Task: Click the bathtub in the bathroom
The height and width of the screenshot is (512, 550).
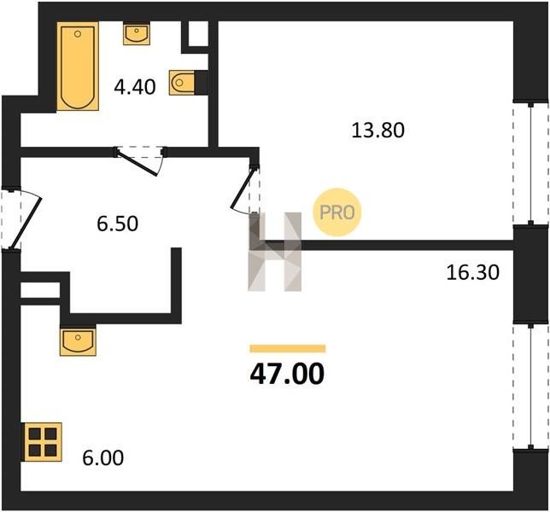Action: pyautogui.click(x=78, y=67)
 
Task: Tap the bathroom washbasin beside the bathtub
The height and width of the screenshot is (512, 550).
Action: pyautogui.click(x=137, y=33)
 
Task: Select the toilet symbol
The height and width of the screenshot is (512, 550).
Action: pyautogui.click(x=182, y=83)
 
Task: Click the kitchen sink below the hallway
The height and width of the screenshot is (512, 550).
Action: pyautogui.click(x=78, y=342)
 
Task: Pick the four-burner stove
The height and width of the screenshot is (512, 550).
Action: pyautogui.click(x=43, y=442)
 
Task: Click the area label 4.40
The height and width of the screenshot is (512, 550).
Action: pyautogui.click(x=135, y=87)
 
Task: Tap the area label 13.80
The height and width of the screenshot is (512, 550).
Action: pyautogui.click(x=377, y=130)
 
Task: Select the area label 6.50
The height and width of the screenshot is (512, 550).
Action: pyautogui.click(x=118, y=224)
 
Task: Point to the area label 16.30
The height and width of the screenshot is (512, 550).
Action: pyautogui.click(x=472, y=272)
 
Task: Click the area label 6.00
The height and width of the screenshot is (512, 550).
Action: pyautogui.click(x=103, y=457)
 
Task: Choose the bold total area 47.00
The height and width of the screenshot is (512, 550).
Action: pyautogui.click(x=287, y=375)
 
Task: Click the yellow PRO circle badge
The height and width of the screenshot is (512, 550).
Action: pyautogui.click(x=337, y=212)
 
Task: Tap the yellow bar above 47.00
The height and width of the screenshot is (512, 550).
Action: pyautogui.click(x=288, y=348)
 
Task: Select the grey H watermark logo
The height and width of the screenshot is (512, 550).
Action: pyautogui.click(x=275, y=252)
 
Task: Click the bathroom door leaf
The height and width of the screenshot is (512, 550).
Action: pyautogui.click(x=137, y=163)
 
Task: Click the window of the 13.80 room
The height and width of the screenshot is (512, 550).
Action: pyautogui.click(x=531, y=164)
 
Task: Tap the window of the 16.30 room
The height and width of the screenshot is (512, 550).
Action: pyautogui.click(x=531, y=386)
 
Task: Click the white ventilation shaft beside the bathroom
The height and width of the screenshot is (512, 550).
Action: pyautogui.click(x=198, y=33)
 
